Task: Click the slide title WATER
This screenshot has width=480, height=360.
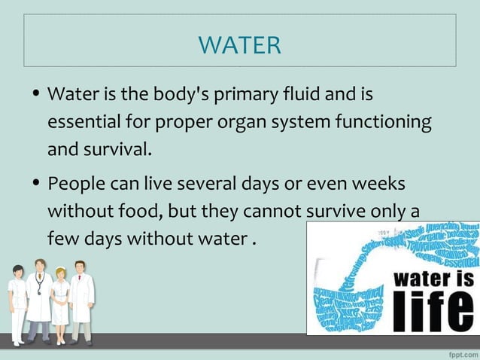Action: pos(240,44)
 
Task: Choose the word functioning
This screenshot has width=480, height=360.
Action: pos(383,122)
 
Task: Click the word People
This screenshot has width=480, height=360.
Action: pos(77,185)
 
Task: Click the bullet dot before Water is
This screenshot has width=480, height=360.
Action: pos(35,96)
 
